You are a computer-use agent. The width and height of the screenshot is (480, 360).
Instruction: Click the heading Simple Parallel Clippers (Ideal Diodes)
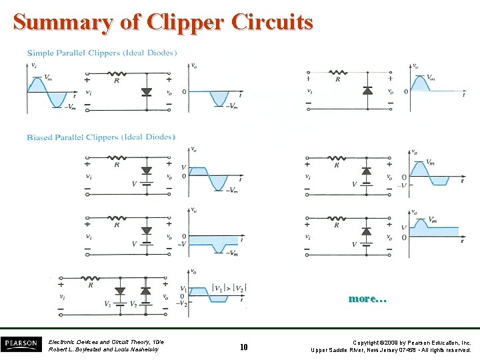click(x=102, y=53)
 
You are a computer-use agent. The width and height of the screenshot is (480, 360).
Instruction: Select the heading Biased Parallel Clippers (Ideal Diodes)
click(x=101, y=137)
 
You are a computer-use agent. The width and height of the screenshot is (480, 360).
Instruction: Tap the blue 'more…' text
click(x=367, y=299)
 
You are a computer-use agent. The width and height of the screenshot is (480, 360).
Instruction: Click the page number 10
click(x=243, y=347)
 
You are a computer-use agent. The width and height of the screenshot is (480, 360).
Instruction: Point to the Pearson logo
click(x=21, y=344)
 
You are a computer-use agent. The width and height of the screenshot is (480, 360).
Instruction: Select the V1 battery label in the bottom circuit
click(x=108, y=304)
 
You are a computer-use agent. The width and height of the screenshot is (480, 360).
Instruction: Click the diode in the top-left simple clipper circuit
click(x=147, y=92)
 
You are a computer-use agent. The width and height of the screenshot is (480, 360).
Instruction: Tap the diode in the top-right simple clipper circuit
click(x=366, y=90)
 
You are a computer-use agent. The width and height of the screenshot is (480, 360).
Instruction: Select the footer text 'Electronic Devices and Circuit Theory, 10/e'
click(x=106, y=342)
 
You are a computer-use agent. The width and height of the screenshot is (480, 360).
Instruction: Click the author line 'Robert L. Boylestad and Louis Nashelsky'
click(x=103, y=349)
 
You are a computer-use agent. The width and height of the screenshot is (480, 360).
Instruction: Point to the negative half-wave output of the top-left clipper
click(x=219, y=98)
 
